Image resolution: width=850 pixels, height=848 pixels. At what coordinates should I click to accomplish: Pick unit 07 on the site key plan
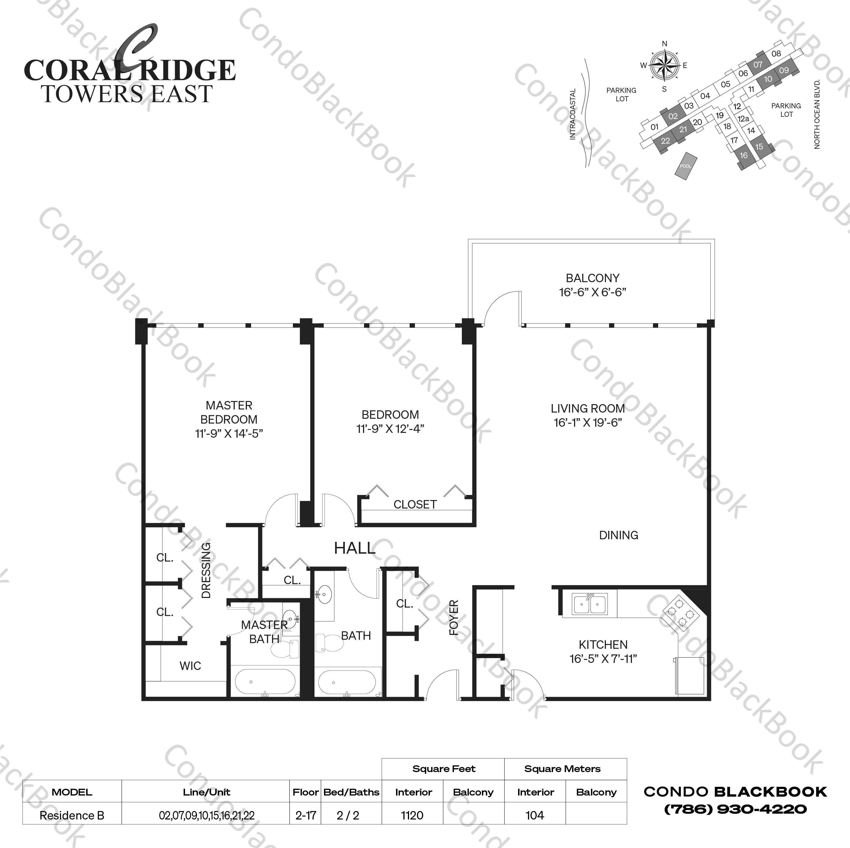tap(758, 65)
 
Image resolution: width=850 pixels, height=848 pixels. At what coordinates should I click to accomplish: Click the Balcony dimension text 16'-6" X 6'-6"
tap(592, 292)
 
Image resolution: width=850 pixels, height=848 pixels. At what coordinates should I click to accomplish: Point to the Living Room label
tap(588, 408)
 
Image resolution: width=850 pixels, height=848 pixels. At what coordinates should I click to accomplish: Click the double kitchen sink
tap(590, 604)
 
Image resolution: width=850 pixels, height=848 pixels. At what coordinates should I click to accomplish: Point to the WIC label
tap(190, 666)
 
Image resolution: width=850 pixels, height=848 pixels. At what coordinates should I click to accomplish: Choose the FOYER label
tap(454, 618)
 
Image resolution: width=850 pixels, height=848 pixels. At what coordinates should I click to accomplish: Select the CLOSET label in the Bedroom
tap(415, 505)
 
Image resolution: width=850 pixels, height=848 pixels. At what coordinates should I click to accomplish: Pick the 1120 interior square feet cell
tap(412, 816)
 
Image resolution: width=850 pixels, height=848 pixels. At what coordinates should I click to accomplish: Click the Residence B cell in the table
tap(72, 816)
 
